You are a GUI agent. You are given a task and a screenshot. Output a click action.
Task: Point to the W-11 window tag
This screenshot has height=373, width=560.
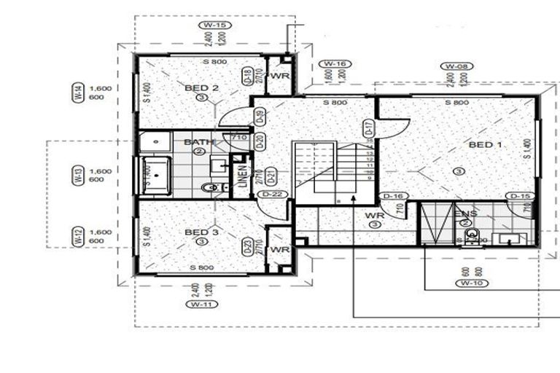tap(196, 305)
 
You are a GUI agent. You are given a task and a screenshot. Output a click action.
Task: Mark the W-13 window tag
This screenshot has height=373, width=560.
tap(77, 175)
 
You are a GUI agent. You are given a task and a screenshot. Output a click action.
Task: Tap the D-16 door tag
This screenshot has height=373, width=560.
tap(394, 197)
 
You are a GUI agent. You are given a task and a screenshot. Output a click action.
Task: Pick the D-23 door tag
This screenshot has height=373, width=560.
tap(248, 247)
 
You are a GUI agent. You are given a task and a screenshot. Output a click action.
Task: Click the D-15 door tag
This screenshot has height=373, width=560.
tap(519, 197)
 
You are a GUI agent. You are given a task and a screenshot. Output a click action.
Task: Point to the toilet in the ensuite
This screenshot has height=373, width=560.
tap(472, 235)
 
